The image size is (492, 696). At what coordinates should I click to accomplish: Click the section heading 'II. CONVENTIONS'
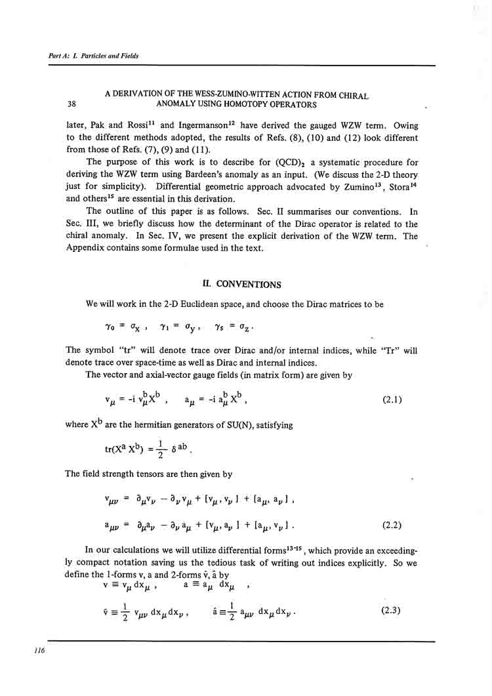click(x=242, y=285)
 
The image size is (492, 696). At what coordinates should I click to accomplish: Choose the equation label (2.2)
click(x=392, y=525)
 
